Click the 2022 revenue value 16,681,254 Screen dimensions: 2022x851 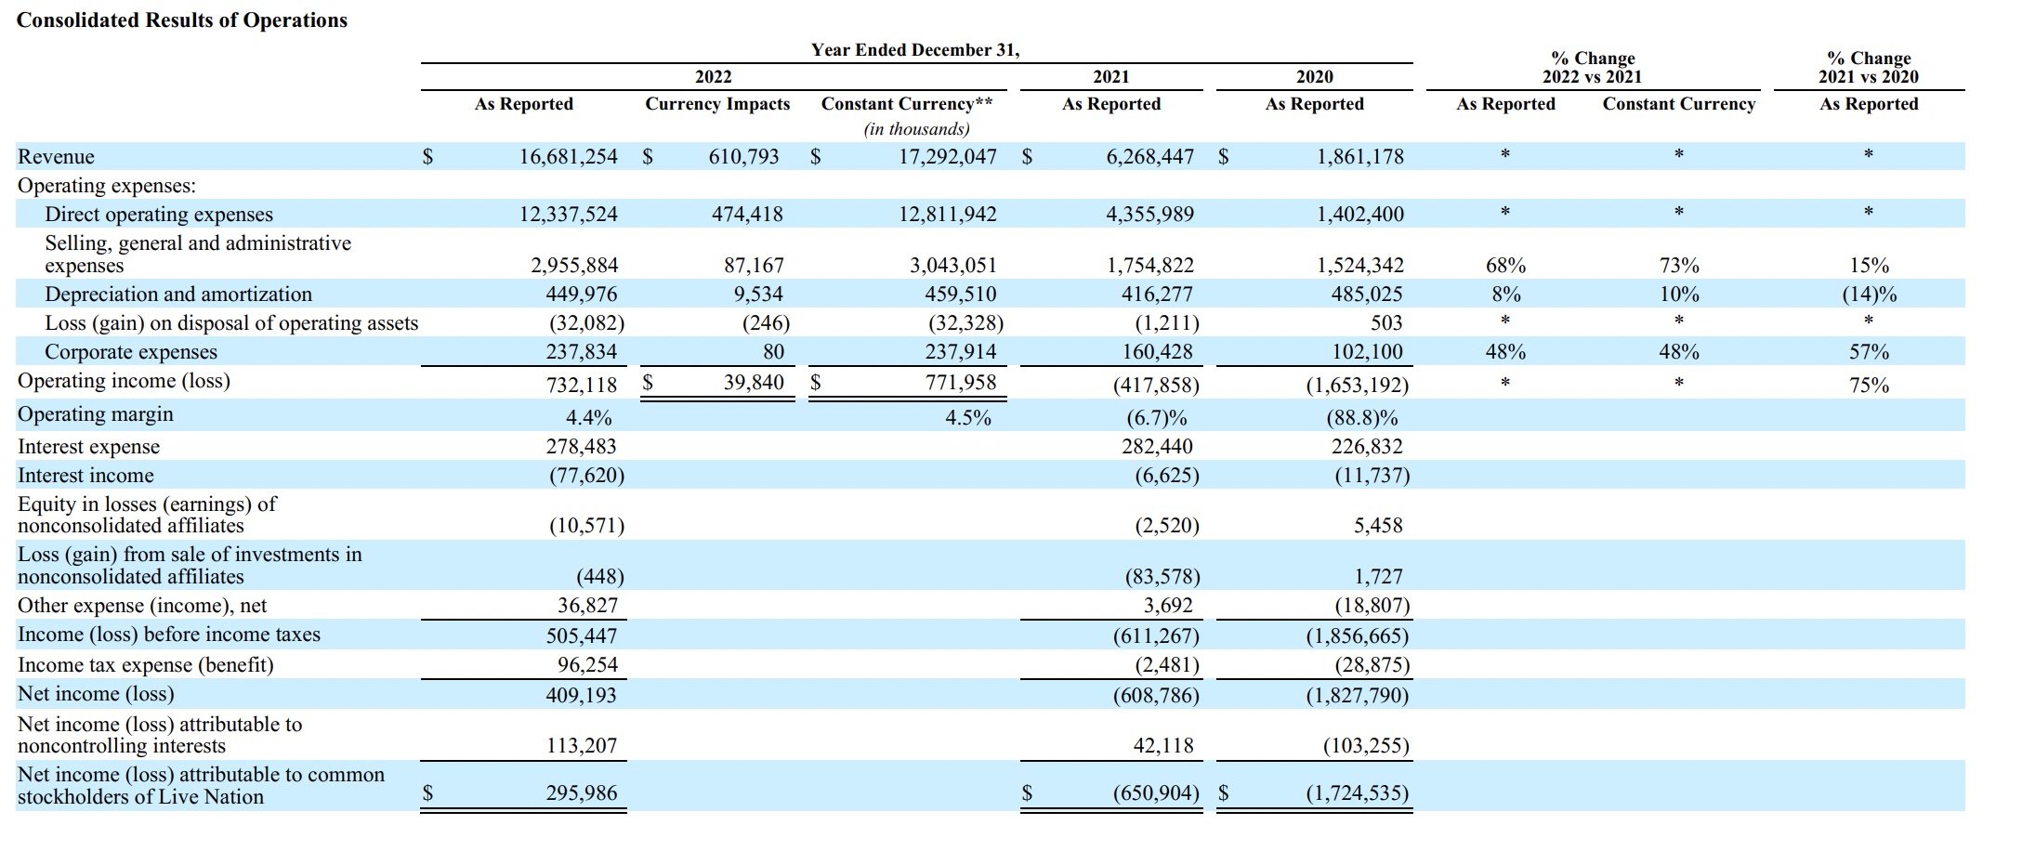(x=568, y=157)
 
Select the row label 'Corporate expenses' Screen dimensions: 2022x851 (x=131, y=352)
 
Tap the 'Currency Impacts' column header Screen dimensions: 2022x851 (x=717, y=104)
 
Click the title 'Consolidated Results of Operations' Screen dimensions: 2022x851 (x=182, y=20)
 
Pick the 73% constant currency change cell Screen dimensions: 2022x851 (x=1679, y=266)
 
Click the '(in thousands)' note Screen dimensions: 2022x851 (x=916, y=129)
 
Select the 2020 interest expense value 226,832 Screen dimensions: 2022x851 (x=1367, y=447)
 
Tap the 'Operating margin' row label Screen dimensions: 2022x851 (x=96, y=414)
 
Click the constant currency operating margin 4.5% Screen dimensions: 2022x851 (x=968, y=418)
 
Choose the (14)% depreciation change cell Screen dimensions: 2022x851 (x=1870, y=295)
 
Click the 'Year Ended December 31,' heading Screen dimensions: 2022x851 (x=915, y=50)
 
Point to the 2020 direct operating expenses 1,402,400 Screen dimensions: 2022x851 (x=1360, y=215)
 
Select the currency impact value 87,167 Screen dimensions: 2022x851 (x=754, y=266)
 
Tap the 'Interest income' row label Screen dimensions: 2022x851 (x=85, y=476)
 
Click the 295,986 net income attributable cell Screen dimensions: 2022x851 (x=581, y=793)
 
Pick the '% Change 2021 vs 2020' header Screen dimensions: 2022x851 (x=1869, y=68)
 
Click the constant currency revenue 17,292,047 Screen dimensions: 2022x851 (x=947, y=157)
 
